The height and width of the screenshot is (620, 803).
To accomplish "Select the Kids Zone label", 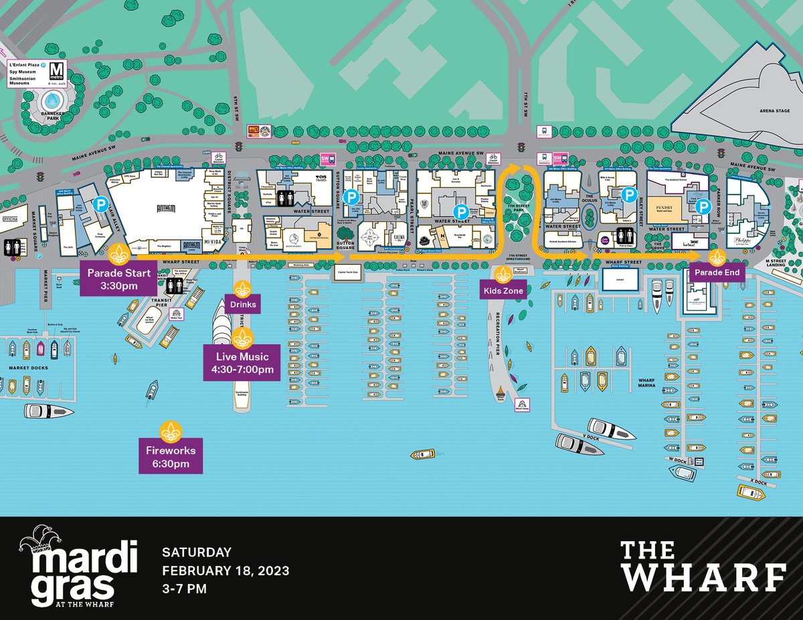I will tap(503, 291).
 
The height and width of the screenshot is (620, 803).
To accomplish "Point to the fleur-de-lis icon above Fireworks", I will tap(170, 429).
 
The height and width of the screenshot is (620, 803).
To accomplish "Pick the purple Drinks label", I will tap(242, 304).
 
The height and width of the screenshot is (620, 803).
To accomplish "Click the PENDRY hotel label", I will tap(669, 208).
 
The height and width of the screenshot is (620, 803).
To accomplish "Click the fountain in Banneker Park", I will tap(51, 101).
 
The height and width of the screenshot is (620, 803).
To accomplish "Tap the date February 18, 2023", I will tap(226, 571).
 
